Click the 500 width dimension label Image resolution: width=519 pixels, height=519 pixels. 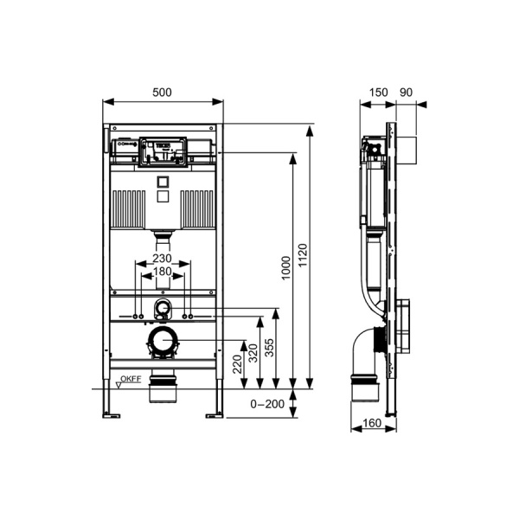click(x=163, y=91)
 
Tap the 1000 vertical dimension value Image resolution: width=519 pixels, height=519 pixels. click(x=285, y=268)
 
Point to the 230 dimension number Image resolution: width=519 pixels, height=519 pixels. click(x=162, y=258)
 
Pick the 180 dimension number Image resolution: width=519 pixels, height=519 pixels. click(x=162, y=272)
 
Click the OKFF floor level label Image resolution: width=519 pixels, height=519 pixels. click(x=131, y=379)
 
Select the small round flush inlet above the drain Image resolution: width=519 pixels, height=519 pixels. click(x=161, y=309)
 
